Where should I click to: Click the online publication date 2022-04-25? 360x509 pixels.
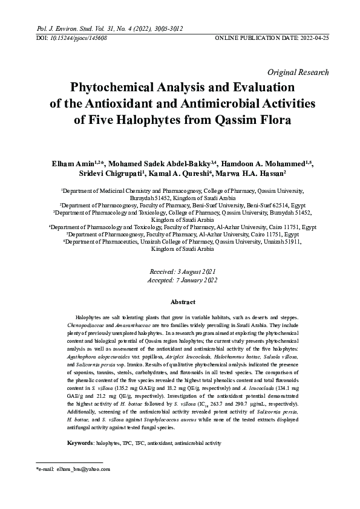tap(314, 37)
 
